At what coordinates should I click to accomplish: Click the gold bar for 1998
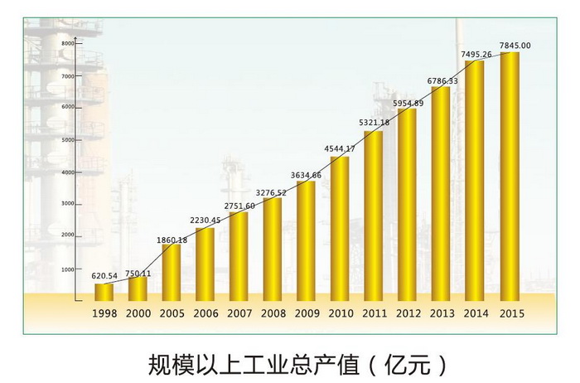pyautogui.click(x=104, y=292)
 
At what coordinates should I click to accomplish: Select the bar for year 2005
pyautogui.click(x=172, y=272)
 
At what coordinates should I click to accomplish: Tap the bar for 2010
pyautogui.click(x=340, y=228)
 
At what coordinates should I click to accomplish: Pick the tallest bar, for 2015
pyautogui.click(x=510, y=176)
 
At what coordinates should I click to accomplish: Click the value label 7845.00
pyautogui.click(x=515, y=46)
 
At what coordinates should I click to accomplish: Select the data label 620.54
pyautogui.click(x=104, y=274)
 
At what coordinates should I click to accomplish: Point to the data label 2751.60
pyautogui.click(x=240, y=205)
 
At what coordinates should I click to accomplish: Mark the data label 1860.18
pyautogui.click(x=172, y=240)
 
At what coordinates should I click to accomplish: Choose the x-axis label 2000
pyautogui.click(x=138, y=314)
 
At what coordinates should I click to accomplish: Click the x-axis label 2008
pyautogui.click(x=273, y=314)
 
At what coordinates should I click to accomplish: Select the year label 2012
pyautogui.click(x=408, y=314)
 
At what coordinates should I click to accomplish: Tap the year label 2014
pyautogui.click(x=476, y=314)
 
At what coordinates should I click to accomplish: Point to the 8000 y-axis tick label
pyautogui.click(x=68, y=42)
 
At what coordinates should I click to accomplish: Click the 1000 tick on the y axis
pyautogui.click(x=68, y=269)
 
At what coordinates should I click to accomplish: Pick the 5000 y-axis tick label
pyautogui.click(x=68, y=139)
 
